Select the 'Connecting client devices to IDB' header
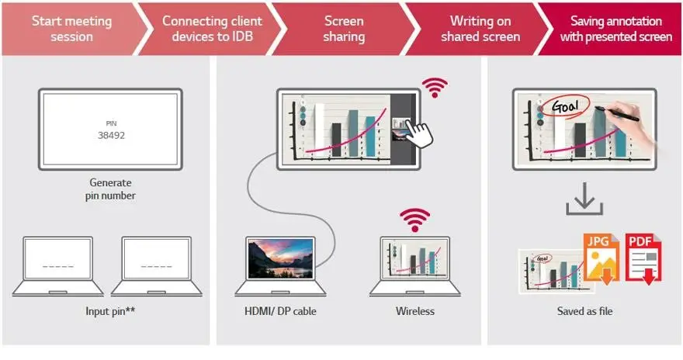tap(211, 28)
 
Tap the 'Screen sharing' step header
tap(344, 28)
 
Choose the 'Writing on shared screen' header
tap(480, 28)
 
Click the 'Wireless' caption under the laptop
tap(414, 311)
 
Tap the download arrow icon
tap(583, 202)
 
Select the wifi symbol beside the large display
tap(435, 88)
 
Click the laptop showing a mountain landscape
tap(281, 264)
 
